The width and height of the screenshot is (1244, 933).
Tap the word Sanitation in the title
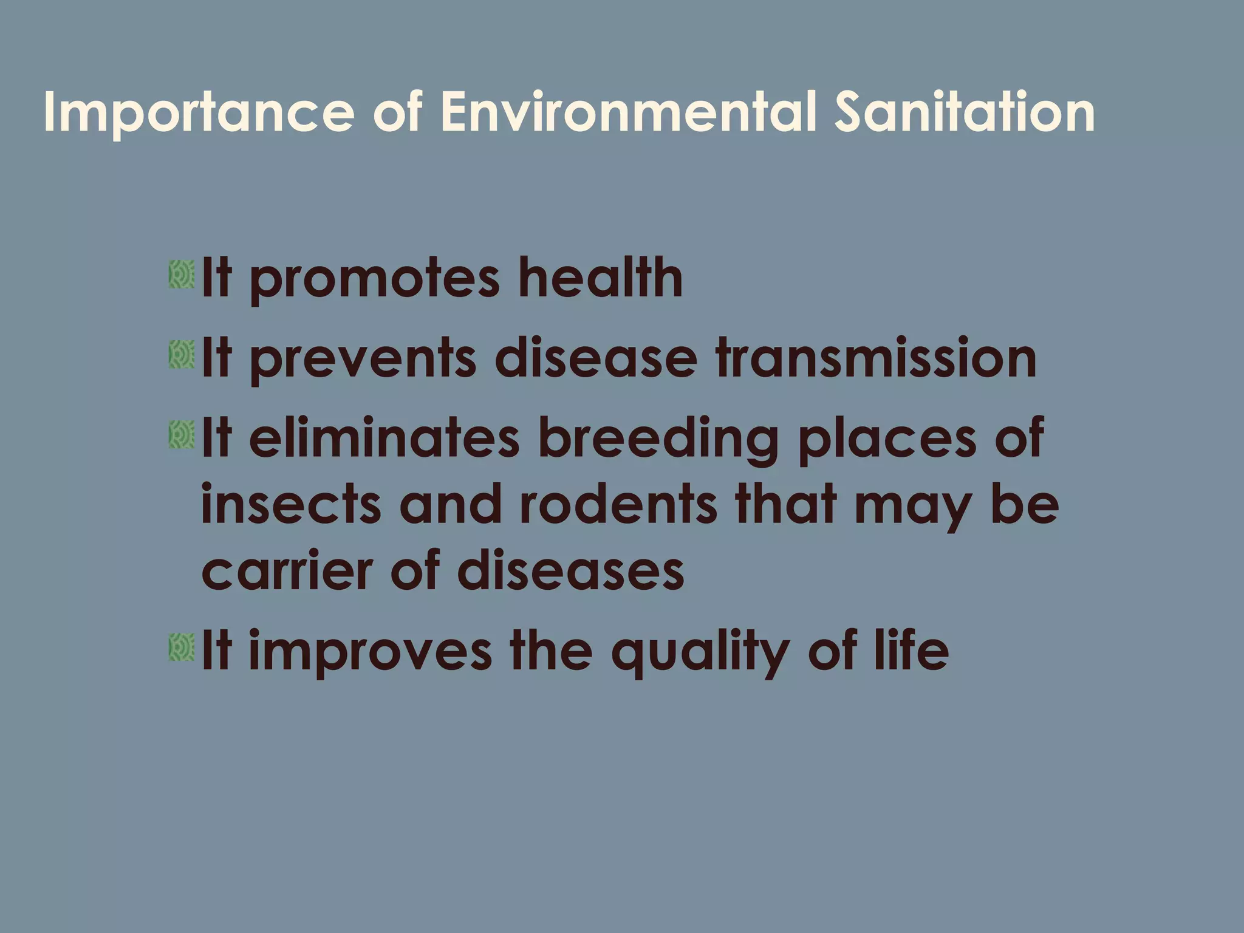point(965,112)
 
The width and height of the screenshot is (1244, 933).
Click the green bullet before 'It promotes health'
point(182,275)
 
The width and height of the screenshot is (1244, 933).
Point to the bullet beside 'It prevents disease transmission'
point(182,355)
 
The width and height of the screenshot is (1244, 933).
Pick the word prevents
point(363,360)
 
